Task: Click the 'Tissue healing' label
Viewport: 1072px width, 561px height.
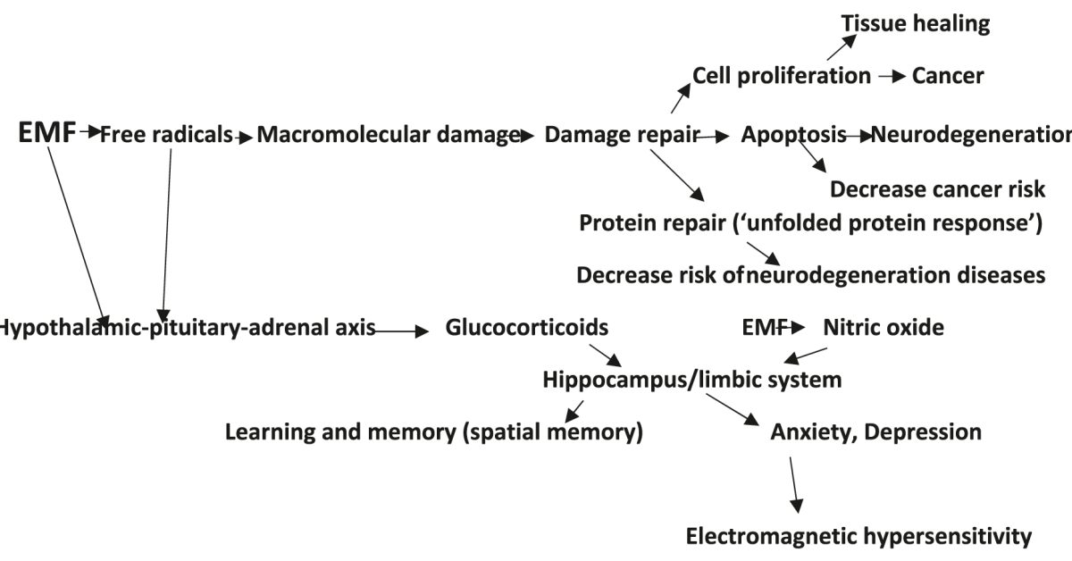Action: tap(915, 24)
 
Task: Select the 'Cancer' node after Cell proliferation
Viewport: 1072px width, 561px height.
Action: tap(948, 76)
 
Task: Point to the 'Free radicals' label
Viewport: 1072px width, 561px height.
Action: tap(166, 136)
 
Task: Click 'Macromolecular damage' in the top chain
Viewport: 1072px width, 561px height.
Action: tap(389, 136)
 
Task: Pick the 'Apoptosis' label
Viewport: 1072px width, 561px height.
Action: tap(793, 136)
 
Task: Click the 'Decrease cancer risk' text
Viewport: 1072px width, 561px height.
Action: tap(937, 189)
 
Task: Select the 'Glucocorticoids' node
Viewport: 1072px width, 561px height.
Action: tap(526, 328)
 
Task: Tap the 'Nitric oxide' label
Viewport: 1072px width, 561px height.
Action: tap(883, 328)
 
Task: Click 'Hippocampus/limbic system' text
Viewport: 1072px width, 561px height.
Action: tap(692, 380)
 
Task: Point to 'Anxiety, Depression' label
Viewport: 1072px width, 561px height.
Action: tap(875, 432)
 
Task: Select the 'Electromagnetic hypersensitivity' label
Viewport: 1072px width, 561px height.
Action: tap(858, 536)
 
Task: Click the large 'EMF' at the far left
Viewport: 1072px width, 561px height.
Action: tap(46, 135)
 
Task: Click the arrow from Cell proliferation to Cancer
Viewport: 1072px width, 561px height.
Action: tap(892, 77)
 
